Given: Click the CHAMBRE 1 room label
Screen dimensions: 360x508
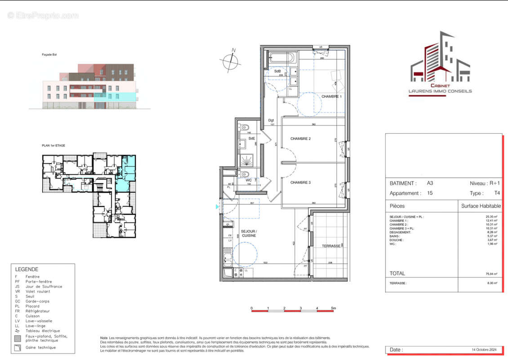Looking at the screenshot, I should [x=331, y=97].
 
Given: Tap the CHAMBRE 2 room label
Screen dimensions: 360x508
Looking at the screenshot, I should [x=300, y=139].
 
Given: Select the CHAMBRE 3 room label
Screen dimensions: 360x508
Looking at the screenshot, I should [x=300, y=182].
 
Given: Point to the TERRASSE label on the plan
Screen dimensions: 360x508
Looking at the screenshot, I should [x=331, y=246].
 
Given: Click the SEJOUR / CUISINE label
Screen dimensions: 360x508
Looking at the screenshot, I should [x=249, y=233].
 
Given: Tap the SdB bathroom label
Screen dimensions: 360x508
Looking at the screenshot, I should [x=278, y=72].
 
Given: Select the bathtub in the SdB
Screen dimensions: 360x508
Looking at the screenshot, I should [x=282, y=58].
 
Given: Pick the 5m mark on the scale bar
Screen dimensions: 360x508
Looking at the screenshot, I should [x=334, y=308].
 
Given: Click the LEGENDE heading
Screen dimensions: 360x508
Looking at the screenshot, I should [x=27, y=269].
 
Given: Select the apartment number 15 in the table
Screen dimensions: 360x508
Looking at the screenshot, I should [x=430, y=193].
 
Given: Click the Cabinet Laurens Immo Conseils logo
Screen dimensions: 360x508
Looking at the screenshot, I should [x=440, y=63].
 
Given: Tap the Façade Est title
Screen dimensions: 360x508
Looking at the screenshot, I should [x=49, y=55].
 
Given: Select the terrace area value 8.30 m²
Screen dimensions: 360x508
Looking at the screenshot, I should [x=491, y=283].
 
